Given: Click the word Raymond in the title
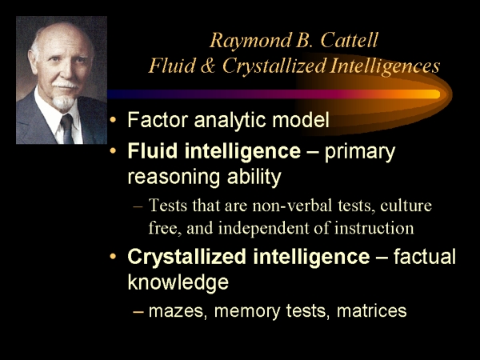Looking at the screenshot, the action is tap(250, 41).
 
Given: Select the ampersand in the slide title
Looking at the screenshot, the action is tap(208, 66).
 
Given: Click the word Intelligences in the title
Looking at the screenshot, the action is tap(385, 66).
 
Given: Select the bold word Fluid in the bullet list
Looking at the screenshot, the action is tap(153, 150).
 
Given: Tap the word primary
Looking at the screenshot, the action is tap(360, 153).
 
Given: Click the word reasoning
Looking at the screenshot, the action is tap(174, 178).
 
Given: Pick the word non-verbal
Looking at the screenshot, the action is tap(292, 205).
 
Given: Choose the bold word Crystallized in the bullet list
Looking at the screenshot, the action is tap(186, 257).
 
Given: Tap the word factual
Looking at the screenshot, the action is tap(425, 256).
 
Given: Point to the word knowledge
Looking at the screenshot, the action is tap(178, 282).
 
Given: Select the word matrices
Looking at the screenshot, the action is tap(372, 310).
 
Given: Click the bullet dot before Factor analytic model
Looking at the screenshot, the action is tap(114, 120).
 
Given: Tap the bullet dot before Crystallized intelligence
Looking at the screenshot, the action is tap(114, 256).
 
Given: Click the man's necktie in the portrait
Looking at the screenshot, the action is tap(67, 129).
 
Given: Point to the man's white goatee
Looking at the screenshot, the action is tap(63, 102).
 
